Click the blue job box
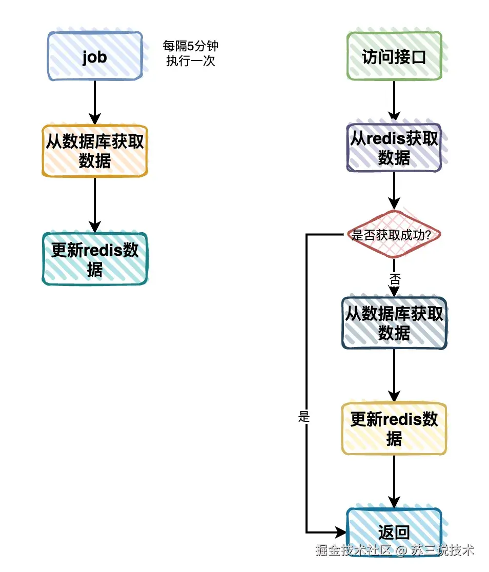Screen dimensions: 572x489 click(x=95, y=56)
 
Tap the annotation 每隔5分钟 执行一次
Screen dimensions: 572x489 click(x=190, y=54)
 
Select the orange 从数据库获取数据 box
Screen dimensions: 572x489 click(x=95, y=151)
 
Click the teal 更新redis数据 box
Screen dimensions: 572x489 click(x=95, y=259)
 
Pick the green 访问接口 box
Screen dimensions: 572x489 click(x=394, y=56)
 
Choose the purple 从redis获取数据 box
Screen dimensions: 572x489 click(x=394, y=148)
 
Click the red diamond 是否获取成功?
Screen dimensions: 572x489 click(x=394, y=235)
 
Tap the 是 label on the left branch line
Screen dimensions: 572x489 click(x=304, y=417)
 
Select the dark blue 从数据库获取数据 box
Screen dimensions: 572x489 click(x=394, y=323)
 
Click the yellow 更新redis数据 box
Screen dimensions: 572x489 click(x=394, y=428)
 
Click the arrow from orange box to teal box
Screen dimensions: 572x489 click(x=95, y=205)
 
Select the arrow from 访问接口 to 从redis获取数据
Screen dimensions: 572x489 click(x=394, y=101)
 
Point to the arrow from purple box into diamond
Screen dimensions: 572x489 click(x=394, y=191)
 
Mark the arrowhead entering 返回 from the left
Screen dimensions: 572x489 click(x=341, y=532)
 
